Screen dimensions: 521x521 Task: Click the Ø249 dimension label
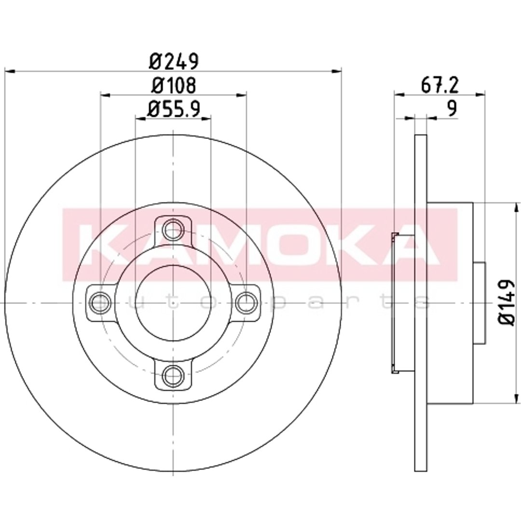[174, 61]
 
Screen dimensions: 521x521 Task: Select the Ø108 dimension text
[174, 85]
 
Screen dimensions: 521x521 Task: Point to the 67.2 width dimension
[439, 85]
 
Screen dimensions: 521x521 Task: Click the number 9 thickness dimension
[452, 109]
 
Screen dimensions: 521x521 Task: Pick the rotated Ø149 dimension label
[507, 302]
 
